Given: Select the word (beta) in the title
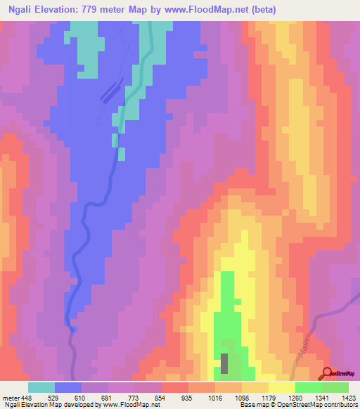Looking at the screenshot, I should [x=261, y=10].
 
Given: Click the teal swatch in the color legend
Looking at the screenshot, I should [x=41, y=387].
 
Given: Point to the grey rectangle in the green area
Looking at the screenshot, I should [x=225, y=363].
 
